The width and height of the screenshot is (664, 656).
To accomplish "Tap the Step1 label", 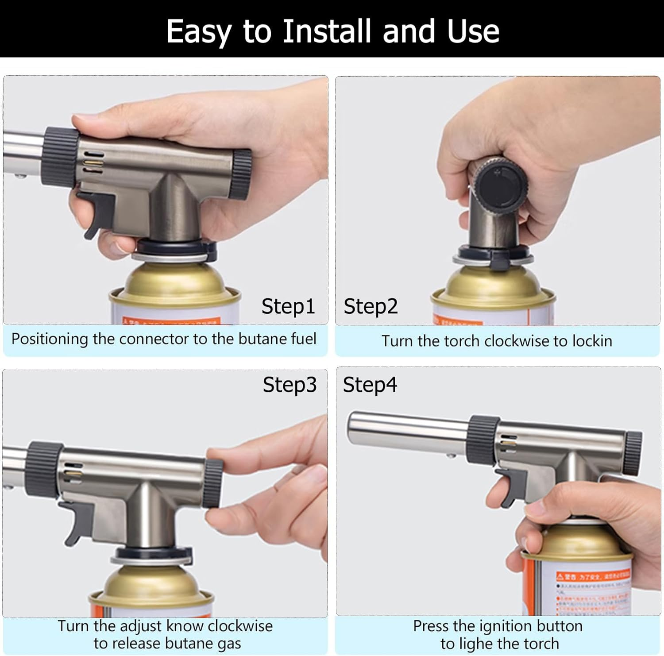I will pyautogui.click(x=288, y=306).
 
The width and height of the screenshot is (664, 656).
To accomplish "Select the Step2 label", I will pyautogui.click(x=371, y=306).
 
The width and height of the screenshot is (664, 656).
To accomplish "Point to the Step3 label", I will pyautogui.click(x=290, y=384).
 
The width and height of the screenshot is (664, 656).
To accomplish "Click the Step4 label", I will pyautogui.click(x=370, y=384).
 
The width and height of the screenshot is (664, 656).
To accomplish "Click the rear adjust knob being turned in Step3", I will pyautogui.click(x=213, y=483).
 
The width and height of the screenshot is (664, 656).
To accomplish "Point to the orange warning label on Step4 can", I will pyautogui.click(x=593, y=575).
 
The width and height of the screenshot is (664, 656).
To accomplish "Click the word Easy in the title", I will pyautogui.click(x=198, y=32).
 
